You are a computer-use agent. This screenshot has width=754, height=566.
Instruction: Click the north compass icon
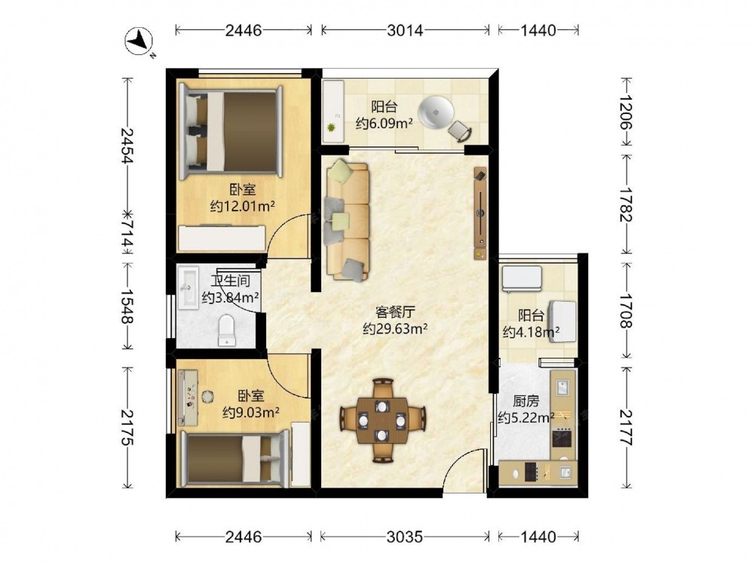click(139, 41)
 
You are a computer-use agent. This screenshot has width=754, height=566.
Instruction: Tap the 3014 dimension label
click(405, 30)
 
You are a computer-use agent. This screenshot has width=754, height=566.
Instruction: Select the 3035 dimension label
click(405, 537)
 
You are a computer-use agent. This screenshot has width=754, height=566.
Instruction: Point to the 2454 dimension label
click(127, 146)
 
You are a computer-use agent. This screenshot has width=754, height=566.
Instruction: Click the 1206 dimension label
click(626, 112)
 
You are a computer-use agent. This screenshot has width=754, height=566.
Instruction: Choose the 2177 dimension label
click(626, 427)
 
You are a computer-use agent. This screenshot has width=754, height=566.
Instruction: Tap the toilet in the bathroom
click(227, 331)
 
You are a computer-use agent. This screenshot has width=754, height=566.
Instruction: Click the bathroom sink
click(188, 288)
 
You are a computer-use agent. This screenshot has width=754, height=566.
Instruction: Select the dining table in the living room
click(382, 420)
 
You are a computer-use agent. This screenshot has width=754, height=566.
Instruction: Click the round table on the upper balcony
click(436, 113)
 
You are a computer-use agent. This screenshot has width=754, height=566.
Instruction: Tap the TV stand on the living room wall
click(480, 214)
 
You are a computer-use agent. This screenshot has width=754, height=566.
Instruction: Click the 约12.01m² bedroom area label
click(243, 207)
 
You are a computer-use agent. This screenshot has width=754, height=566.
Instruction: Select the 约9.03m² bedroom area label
click(252, 413)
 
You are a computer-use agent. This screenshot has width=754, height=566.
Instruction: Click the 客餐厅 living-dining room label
click(395, 312)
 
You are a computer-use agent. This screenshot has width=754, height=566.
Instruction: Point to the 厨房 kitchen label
click(526, 401)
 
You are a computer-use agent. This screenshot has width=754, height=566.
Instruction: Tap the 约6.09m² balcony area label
click(385, 123)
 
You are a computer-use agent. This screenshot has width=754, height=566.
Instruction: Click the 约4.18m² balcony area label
click(531, 331)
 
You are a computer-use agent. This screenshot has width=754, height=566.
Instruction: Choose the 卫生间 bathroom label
click(230, 281)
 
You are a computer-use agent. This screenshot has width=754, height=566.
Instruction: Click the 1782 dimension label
click(626, 204)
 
